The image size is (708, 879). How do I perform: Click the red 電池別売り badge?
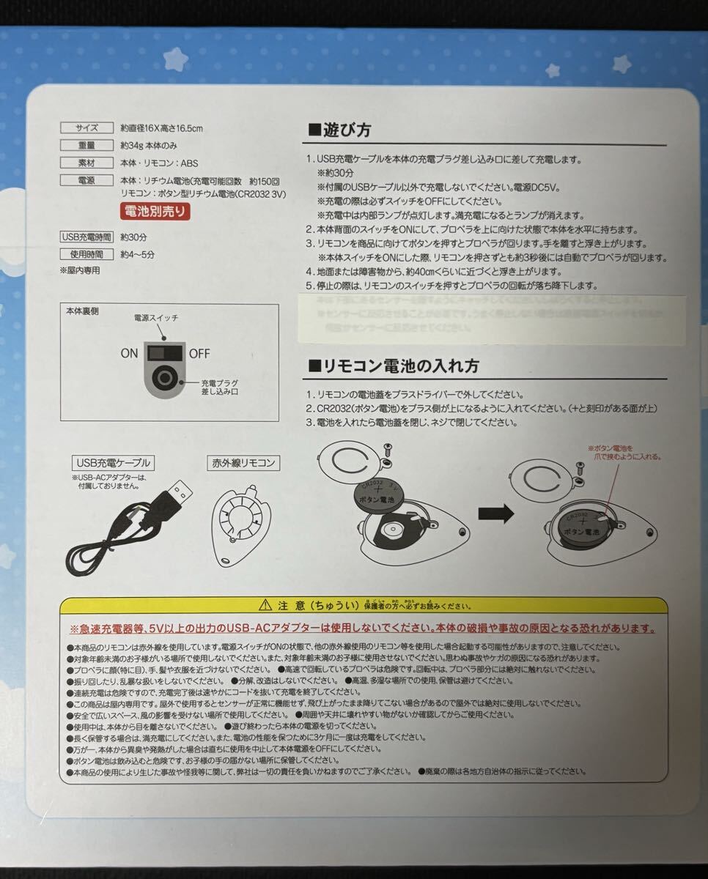155,212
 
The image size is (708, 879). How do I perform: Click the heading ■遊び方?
339,130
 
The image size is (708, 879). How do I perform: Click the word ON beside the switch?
129,354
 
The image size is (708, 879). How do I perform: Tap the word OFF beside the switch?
199,354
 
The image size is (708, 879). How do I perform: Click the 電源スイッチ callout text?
155,318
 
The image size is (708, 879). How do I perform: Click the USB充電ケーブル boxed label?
113,462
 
